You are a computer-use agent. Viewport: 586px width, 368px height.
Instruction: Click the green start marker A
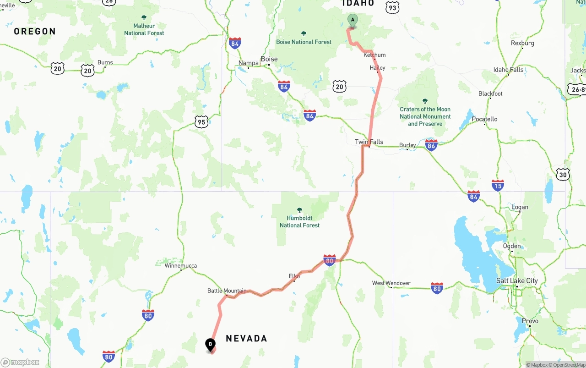[x=353, y=20]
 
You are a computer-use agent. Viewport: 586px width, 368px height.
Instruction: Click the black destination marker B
[x=210, y=344]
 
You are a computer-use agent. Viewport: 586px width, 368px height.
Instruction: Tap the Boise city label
[x=269, y=59]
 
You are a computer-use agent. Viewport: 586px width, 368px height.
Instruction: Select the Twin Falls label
[x=369, y=142]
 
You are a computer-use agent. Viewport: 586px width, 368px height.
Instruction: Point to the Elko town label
[x=294, y=276]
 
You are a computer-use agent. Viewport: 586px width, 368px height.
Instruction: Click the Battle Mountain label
[x=227, y=291]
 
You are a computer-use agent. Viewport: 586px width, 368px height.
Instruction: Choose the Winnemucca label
[x=180, y=265]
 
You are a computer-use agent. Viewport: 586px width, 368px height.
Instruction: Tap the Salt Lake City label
[x=517, y=281]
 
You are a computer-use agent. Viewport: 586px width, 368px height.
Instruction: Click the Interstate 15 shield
[x=498, y=185]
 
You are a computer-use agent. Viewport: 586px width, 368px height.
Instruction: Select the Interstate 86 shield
[x=431, y=145]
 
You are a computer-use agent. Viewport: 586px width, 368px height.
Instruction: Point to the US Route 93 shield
[x=392, y=7]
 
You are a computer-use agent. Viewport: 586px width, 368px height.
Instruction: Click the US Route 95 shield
[x=201, y=121]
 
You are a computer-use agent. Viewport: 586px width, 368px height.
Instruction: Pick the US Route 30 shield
[x=563, y=175]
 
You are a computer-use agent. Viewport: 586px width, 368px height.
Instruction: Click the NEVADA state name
[x=246, y=339]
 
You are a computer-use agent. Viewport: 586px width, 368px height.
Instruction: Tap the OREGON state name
[x=35, y=32]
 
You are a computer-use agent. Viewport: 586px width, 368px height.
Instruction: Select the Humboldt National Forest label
[x=299, y=221]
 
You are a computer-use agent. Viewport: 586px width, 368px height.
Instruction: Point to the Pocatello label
[x=484, y=119]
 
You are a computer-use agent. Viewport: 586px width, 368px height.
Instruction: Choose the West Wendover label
[x=391, y=283]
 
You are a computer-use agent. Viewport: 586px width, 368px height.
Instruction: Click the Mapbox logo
[x=20, y=363]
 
